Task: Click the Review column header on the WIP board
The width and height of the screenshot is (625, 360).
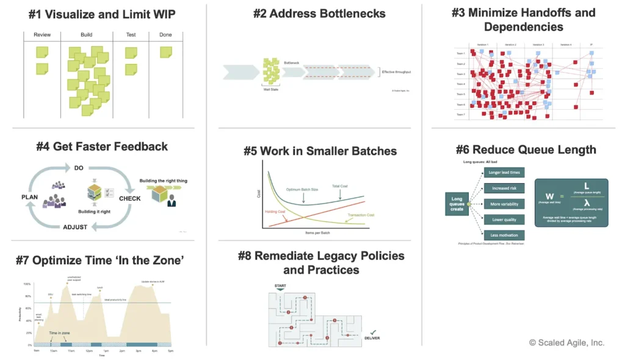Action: coord(42,35)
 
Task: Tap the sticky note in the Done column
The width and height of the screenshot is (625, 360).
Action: coord(165,53)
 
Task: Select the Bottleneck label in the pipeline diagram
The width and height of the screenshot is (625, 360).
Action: coord(292,62)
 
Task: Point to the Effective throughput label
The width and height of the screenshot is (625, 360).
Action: coord(396,72)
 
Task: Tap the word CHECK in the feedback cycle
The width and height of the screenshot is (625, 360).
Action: coord(130,198)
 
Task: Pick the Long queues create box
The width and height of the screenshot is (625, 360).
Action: coord(457,204)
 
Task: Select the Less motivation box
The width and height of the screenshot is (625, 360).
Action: coord(504,235)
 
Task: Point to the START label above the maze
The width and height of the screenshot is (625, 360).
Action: coord(281,285)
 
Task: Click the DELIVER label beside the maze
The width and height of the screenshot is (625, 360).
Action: coord(373,337)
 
